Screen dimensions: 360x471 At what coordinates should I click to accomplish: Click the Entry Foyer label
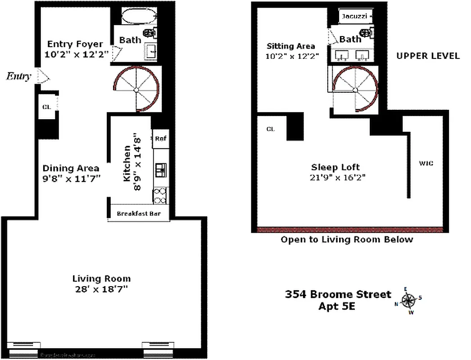75,45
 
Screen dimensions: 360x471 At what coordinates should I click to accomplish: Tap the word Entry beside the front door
18,76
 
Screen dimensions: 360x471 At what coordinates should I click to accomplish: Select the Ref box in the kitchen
161,139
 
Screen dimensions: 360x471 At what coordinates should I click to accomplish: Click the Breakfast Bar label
139,214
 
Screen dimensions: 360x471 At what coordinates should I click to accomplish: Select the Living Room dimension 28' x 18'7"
102,289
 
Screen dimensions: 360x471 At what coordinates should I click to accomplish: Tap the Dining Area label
71,168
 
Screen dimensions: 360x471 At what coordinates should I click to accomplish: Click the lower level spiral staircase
136,89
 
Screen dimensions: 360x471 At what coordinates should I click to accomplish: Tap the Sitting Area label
291,46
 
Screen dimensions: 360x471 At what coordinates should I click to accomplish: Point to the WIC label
426,163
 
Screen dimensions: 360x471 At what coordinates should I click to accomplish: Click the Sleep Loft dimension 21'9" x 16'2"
334,177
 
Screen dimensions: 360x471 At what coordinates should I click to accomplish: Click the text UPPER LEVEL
428,56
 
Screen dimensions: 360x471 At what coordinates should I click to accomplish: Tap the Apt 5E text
338,306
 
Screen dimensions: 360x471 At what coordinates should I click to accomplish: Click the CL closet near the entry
46,107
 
